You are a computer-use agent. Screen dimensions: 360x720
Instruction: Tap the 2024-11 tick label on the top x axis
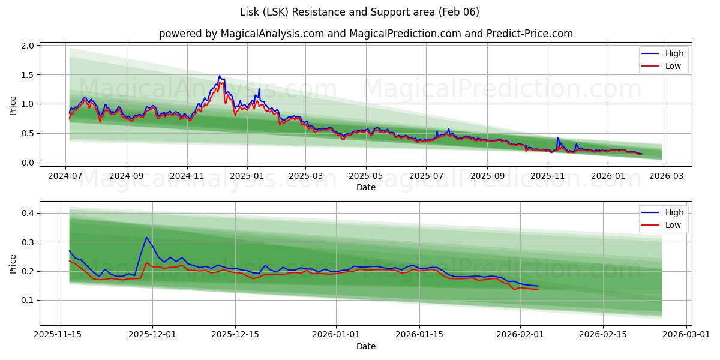pos(187,176)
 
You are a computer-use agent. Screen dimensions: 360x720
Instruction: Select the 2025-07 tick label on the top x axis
pos(426,176)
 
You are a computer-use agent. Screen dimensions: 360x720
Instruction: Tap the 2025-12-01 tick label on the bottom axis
pos(152,335)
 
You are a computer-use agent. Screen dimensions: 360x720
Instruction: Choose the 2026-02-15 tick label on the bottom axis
pos(602,335)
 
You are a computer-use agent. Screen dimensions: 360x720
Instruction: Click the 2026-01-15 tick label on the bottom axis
pos(418,335)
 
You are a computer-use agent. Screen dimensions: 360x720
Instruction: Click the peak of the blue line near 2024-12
pos(220,76)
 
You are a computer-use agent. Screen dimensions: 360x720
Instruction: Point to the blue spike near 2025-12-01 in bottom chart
pos(146,238)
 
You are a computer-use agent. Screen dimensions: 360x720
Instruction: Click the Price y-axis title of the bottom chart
pos(13,263)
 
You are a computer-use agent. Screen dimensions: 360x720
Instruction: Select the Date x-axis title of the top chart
pos(365,187)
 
